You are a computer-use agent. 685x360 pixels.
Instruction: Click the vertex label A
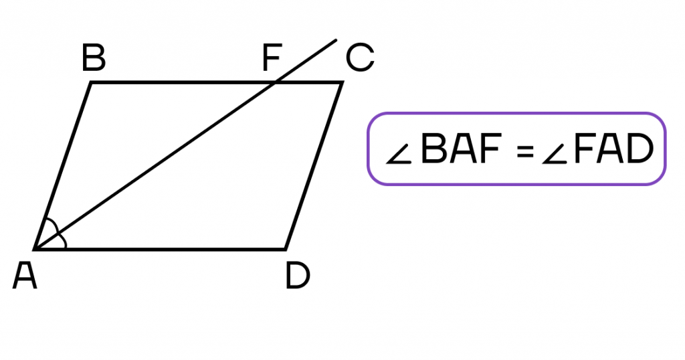pos(25,276)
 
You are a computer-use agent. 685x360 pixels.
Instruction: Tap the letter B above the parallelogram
pos(94,58)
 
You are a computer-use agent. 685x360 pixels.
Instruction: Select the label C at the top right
pos(360,58)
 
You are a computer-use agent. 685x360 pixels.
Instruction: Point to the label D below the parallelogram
pos(298,276)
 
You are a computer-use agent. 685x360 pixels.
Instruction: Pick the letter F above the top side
pos(272,58)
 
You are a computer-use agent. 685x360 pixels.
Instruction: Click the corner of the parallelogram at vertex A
pos(35,249)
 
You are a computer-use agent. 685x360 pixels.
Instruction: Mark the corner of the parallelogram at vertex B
pos(91,82)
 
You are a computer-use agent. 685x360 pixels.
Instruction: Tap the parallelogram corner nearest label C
pos(342,82)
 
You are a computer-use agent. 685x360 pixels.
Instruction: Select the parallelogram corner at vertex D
pos(285,249)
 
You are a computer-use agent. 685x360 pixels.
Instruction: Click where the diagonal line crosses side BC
pos(275,82)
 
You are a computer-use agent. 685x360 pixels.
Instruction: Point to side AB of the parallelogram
pos(63,165)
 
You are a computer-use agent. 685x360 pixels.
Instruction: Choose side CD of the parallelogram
pos(314,165)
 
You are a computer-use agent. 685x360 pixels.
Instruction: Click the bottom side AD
pos(160,249)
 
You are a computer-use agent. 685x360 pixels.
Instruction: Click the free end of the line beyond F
pos(336,40)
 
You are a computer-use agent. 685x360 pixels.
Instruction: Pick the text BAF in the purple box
pos(460,149)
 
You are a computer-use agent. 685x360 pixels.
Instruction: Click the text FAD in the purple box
pos(613,149)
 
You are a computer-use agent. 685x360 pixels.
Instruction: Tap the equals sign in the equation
pos(525,151)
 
